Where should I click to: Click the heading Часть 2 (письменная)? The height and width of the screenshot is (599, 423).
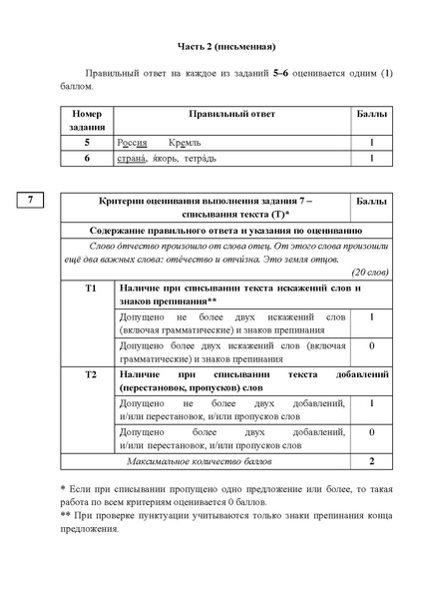[x=211, y=47]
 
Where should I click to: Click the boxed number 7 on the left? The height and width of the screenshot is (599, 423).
[x=31, y=201]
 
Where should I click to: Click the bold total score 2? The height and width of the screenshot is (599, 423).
[x=371, y=462]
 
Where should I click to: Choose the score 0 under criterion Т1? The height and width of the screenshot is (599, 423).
[x=371, y=345]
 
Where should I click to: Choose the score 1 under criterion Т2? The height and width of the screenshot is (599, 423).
[x=371, y=403]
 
